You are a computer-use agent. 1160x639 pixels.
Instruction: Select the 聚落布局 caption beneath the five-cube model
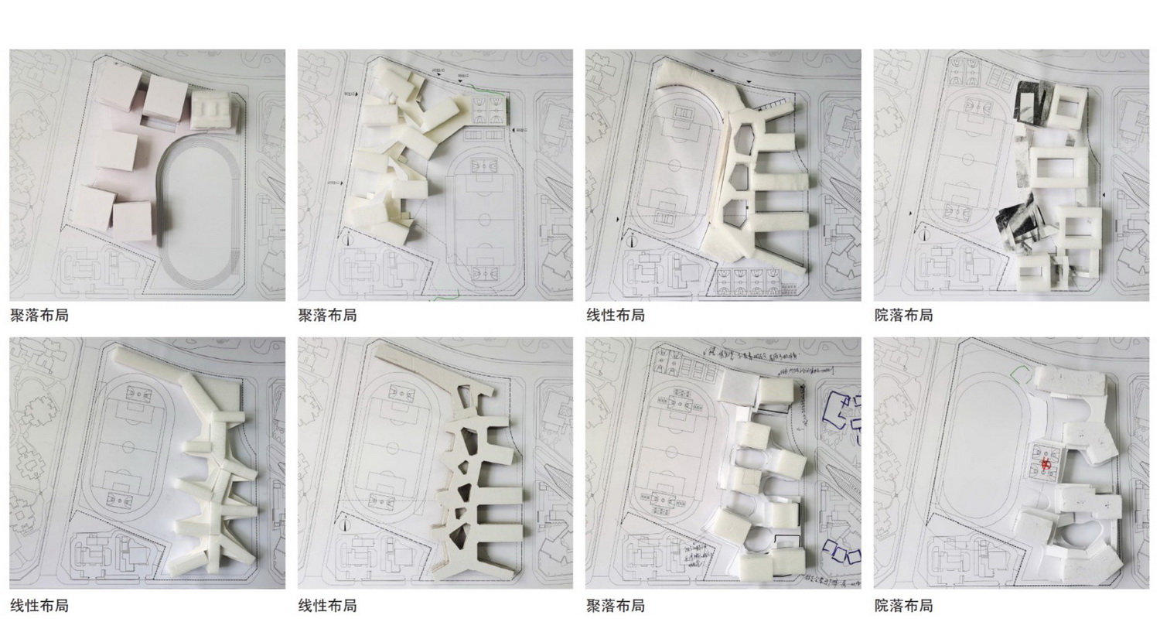tap(39, 316)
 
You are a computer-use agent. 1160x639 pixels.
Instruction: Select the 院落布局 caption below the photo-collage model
tap(903, 316)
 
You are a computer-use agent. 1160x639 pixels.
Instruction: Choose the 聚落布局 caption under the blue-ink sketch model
tap(615, 606)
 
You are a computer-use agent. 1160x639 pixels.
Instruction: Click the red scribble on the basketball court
tap(1046, 465)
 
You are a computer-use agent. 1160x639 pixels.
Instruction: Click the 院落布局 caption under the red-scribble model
tap(903, 606)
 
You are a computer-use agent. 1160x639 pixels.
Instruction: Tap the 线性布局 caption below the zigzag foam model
tap(39, 606)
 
